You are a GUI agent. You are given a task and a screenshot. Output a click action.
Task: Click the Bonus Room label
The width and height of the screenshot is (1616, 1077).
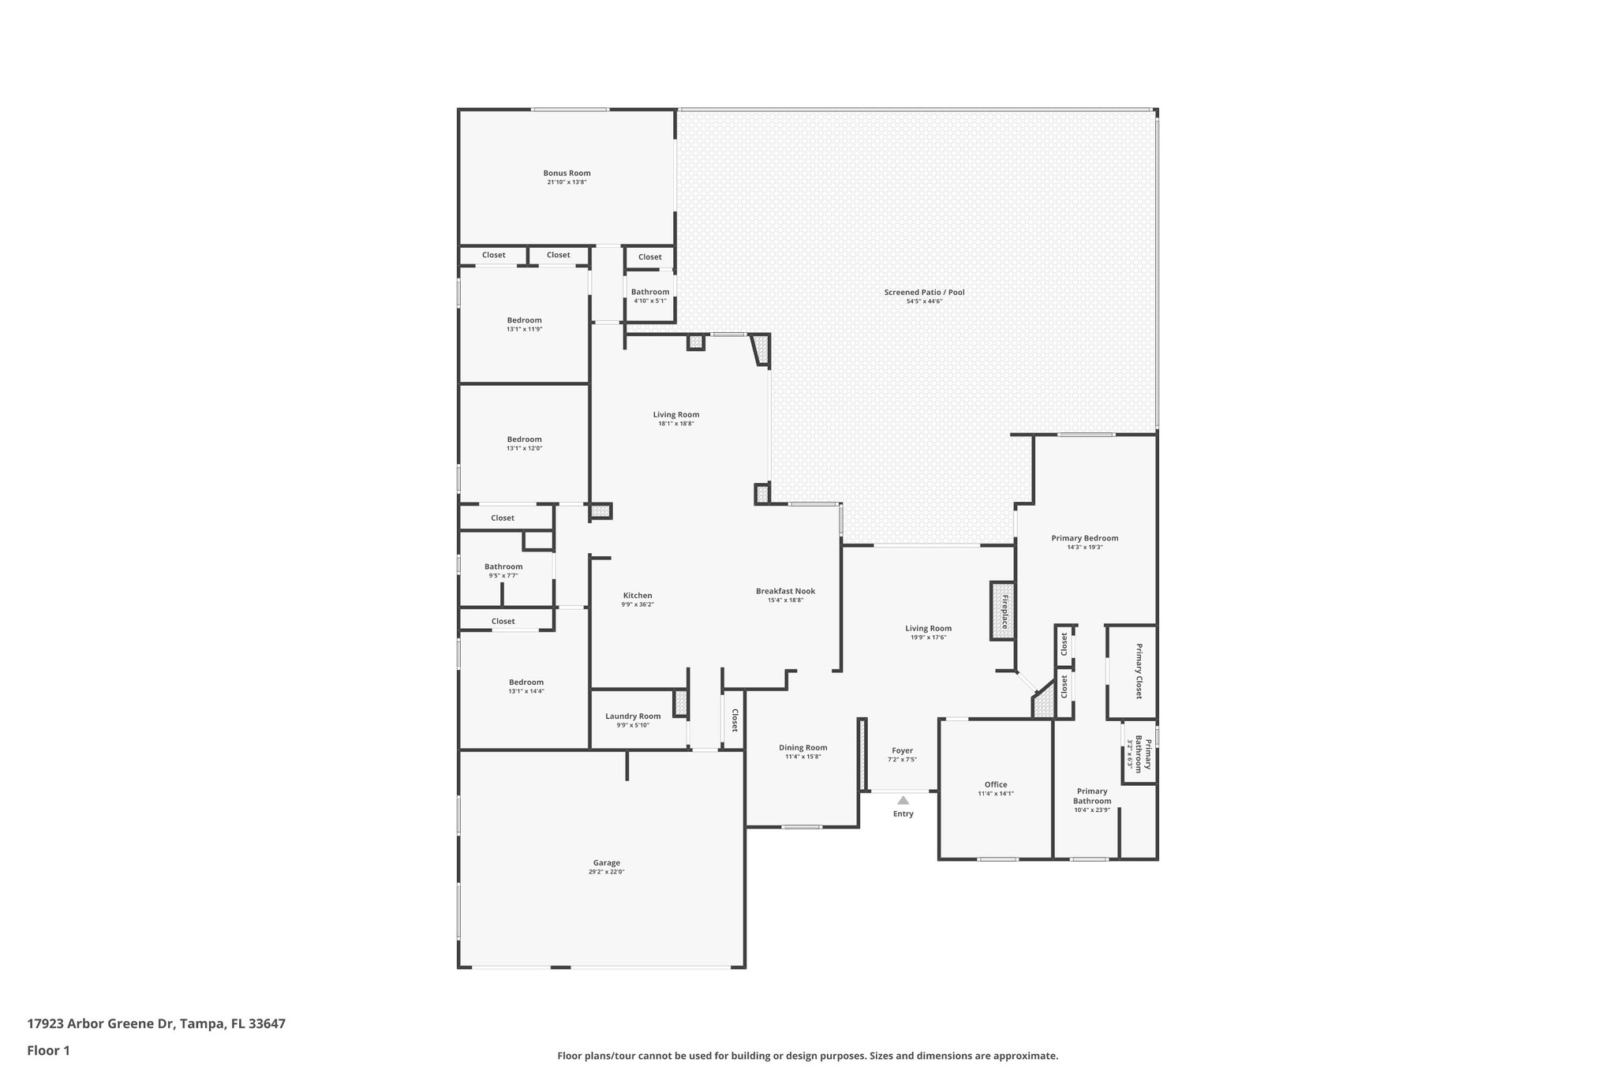coord(567,174)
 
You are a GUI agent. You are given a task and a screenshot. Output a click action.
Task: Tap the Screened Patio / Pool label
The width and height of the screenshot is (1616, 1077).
coord(924,293)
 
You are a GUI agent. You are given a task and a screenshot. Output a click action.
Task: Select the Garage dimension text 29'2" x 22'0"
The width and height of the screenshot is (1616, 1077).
coord(606,872)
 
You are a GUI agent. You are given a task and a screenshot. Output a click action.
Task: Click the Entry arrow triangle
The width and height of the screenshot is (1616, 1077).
coord(903,800)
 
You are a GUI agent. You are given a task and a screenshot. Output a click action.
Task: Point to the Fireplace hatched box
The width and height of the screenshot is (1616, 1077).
coord(1002,611)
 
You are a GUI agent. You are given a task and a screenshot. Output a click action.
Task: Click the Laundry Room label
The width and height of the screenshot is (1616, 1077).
coord(633,716)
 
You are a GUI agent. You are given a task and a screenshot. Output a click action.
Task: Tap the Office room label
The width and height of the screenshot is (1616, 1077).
coord(996,784)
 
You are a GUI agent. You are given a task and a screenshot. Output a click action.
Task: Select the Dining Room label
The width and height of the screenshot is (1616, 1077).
coord(802,748)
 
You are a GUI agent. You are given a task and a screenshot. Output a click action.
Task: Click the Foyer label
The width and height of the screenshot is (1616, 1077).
coord(902,751)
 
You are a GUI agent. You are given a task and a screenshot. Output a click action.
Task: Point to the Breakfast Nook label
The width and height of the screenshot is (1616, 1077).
coord(785,591)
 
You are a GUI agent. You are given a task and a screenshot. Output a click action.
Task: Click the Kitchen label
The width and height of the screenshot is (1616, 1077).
coord(638,596)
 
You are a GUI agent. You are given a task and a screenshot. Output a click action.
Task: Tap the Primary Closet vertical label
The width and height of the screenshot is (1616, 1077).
coord(1139,671)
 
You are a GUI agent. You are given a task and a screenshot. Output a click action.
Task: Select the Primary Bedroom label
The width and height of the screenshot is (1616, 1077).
coord(1084,538)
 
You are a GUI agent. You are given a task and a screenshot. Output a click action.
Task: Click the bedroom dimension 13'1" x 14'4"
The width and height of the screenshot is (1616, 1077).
coord(526,691)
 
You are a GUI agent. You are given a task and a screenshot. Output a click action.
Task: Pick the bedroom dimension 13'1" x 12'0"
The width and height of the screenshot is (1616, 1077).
coord(524,448)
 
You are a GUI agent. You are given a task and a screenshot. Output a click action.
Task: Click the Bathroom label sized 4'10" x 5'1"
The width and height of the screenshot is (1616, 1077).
coord(649,292)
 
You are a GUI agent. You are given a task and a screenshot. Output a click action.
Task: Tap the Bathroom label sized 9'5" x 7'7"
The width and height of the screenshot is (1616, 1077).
coord(503,567)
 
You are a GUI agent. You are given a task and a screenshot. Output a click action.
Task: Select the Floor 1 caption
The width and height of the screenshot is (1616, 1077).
coord(48,1050)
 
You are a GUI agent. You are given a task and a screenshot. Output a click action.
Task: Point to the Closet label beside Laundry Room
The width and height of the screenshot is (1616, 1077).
coord(735,720)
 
